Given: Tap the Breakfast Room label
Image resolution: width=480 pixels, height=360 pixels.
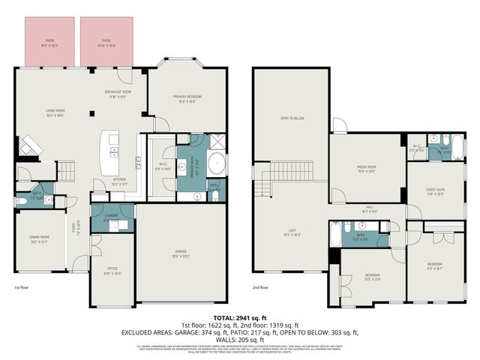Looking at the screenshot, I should tap(118, 94).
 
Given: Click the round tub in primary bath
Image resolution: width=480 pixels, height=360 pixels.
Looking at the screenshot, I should tap(215, 163).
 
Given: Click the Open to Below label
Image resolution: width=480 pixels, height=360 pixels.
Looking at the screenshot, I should tap(292, 118).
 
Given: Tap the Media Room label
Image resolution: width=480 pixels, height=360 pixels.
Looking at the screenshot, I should tap(365, 169).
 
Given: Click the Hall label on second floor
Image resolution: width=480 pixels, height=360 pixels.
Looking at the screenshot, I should tap(370, 209).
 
